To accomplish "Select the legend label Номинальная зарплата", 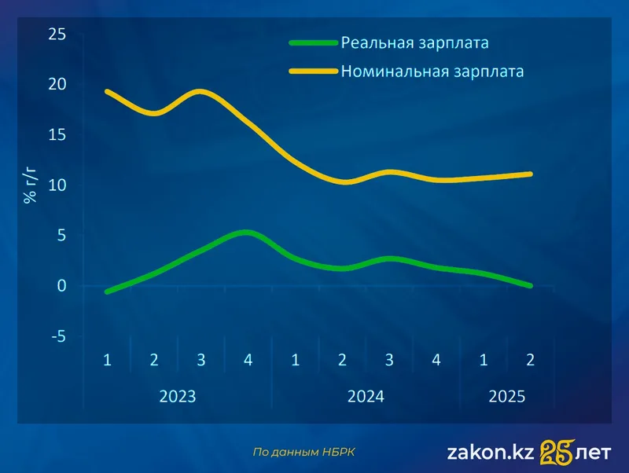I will coord(432,71).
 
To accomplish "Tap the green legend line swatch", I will coord(313,42).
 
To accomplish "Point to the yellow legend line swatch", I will coord(313,71).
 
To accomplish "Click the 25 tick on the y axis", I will coord(57,35).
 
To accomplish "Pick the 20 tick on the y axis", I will coord(57,85).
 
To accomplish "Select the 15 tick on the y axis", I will coord(57,135).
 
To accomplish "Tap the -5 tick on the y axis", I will coord(57,336).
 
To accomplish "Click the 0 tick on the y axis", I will coord(61,286).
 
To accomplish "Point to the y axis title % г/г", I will coord(30,185).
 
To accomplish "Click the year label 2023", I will coord(178,396).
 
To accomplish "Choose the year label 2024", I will coord(366,396).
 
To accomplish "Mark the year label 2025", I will coord(507,396).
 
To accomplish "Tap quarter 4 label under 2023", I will coord(248,360).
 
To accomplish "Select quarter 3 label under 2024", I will coord(389,360).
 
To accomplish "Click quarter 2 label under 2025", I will coord(531,360).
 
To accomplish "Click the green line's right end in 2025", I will coord(530,285).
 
